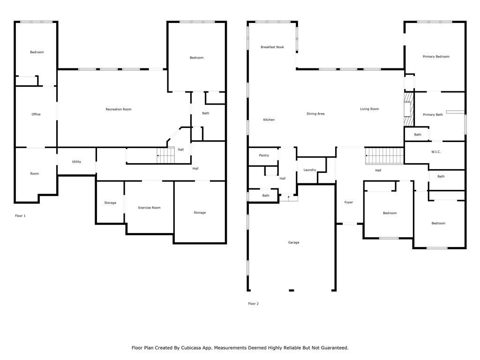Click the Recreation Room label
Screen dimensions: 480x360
click(119, 109)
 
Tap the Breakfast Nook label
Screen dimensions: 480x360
click(272, 47)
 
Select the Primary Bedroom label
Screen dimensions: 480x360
click(436, 57)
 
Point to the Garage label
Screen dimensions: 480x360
click(293, 242)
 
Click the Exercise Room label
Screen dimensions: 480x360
click(149, 208)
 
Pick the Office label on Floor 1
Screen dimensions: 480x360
click(36, 114)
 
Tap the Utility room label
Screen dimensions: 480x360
click(76, 162)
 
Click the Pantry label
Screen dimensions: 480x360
click(264, 156)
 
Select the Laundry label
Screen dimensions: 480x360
click(309, 170)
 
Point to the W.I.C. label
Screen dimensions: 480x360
click(436, 152)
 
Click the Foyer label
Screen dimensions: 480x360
click(349, 202)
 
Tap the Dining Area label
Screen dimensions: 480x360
click(315, 114)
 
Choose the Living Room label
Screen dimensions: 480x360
click(369, 109)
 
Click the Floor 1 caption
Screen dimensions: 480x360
click(20, 216)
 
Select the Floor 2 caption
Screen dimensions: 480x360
click(253, 304)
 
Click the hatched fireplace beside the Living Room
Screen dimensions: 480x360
click(409, 109)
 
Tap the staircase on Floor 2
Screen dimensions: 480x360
click(384, 156)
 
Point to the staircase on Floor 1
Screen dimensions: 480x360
click(165, 155)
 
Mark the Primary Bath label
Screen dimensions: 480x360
click(433, 115)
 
